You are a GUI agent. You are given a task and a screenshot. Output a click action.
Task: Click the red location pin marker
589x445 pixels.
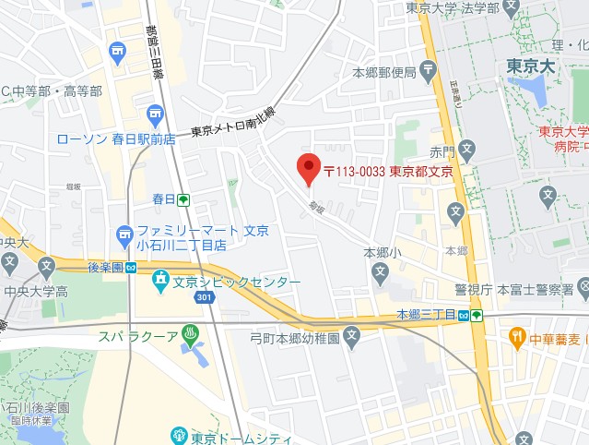(x=308, y=167)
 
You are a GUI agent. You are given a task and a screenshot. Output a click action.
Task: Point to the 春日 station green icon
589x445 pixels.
(x=184, y=199)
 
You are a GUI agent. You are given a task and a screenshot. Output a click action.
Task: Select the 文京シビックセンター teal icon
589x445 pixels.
(x=161, y=278)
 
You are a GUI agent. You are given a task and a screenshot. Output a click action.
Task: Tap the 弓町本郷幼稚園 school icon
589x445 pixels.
(x=351, y=338)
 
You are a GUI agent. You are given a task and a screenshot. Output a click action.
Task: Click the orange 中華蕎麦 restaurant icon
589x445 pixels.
(x=518, y=335)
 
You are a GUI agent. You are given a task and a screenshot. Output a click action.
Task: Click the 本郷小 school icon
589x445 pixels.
(x=380, y=271)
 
